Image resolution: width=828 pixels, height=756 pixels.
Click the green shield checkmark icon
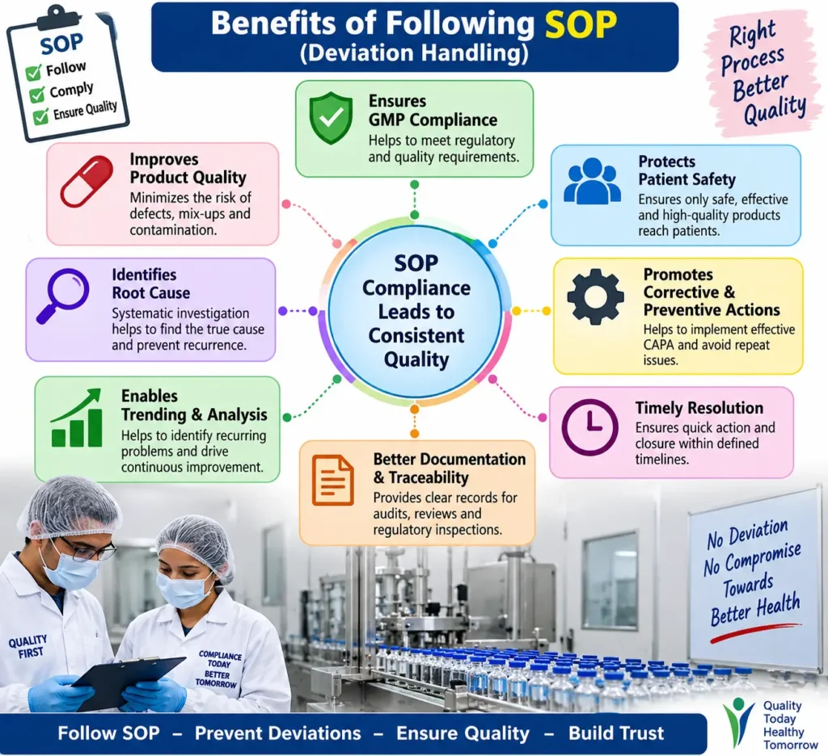(331, 118)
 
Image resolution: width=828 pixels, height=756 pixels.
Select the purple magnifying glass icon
(63, 296)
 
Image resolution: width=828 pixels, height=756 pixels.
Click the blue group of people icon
(592, 181)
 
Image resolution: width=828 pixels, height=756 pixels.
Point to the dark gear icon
(595, 296)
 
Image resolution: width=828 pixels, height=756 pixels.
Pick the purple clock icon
(589, 426)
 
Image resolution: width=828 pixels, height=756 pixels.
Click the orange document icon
(332, 480)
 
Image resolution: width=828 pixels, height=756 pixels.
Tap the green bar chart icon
(77, 418)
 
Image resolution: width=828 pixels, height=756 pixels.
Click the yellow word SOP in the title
(581, 24)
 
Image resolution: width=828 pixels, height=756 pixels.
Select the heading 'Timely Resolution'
(699, 408)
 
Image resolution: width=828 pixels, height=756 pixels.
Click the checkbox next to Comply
(37, 95)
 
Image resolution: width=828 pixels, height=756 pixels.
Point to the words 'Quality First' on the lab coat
(28, 646)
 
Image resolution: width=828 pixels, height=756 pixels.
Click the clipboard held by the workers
(129, 682)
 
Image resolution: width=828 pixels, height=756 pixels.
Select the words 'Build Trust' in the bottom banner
(615, 733)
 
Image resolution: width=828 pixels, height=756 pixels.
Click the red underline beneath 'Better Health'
(755, 632)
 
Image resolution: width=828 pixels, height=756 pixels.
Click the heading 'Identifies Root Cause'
(151, 283)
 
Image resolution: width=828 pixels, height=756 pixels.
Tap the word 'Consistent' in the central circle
(416, 335)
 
